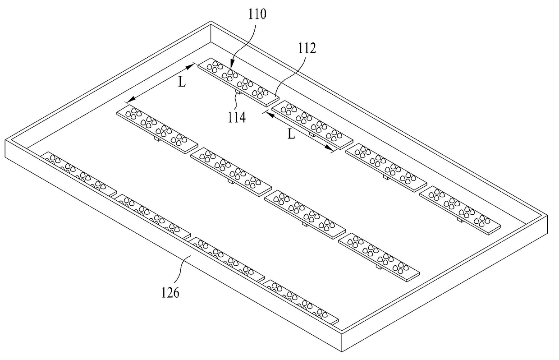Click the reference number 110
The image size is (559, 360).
(x=257, y=14)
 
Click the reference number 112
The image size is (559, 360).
(x=307, y=48)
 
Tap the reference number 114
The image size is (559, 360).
(x=237, y=117)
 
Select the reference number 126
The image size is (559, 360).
(x=170, y=292)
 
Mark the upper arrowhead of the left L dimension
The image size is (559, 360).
(x=191, y=66)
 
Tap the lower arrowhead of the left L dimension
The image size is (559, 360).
(x=132, y=100)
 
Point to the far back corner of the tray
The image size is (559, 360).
(x=211, y=22)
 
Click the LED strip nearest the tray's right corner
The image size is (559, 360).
(x=460, y=210)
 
